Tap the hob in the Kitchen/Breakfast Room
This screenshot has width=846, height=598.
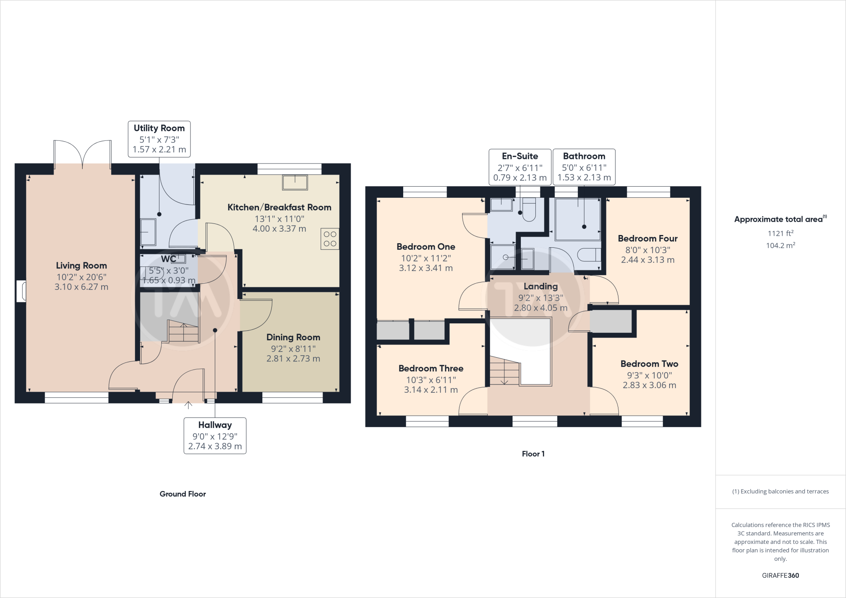(x=330, y=239)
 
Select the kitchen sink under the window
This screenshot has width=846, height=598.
(x=295, y=182)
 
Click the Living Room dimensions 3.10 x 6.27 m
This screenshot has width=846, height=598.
(x=81, y=287)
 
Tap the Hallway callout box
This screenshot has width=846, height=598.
(x=215, y=435)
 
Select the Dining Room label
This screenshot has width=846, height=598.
(x=293, y=337)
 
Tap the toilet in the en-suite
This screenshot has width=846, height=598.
(x=529, y=209)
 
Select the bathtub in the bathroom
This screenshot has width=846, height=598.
(x=577, y=219)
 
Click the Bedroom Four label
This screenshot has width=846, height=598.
(x=647, y=239)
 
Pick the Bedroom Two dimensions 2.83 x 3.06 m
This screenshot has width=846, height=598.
(x=649, y=385)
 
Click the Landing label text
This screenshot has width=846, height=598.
(x=540, y=287)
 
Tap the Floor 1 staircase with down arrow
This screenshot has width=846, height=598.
(x=504, y=372)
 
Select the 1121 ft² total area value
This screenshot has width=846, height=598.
(x=780, y=233)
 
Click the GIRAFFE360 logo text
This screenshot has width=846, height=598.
(x=780, y=575)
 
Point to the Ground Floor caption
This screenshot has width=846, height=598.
(x=183, y=494)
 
